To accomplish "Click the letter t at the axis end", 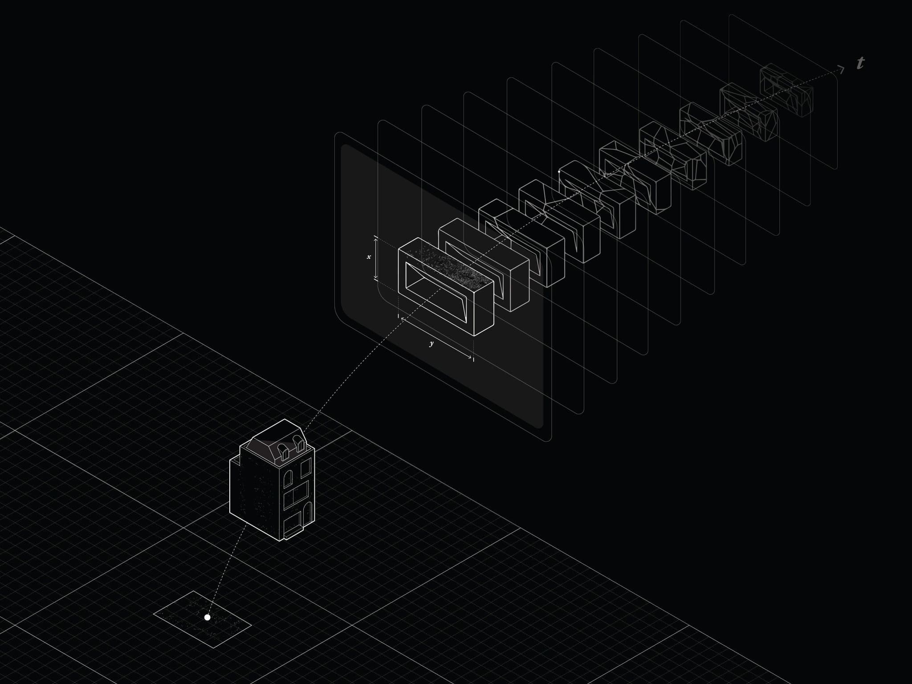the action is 860,63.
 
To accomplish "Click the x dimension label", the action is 369,257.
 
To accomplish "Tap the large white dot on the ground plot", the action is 207,617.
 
